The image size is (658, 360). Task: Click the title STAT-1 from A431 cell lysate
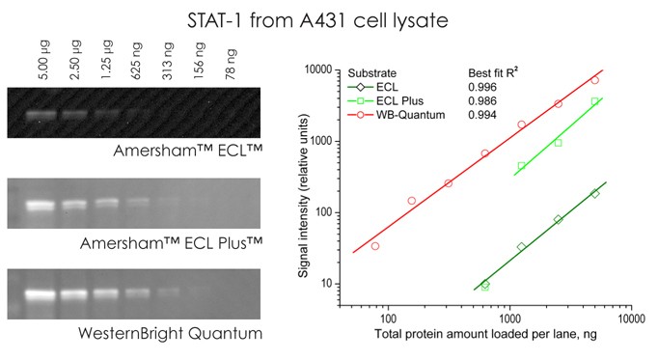pyautogui.click(x=328, y=18)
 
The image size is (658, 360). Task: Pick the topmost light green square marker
pyautogui.click(x=595, y=101)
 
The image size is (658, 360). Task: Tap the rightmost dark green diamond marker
pyautogui.click(x=595, y=193)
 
